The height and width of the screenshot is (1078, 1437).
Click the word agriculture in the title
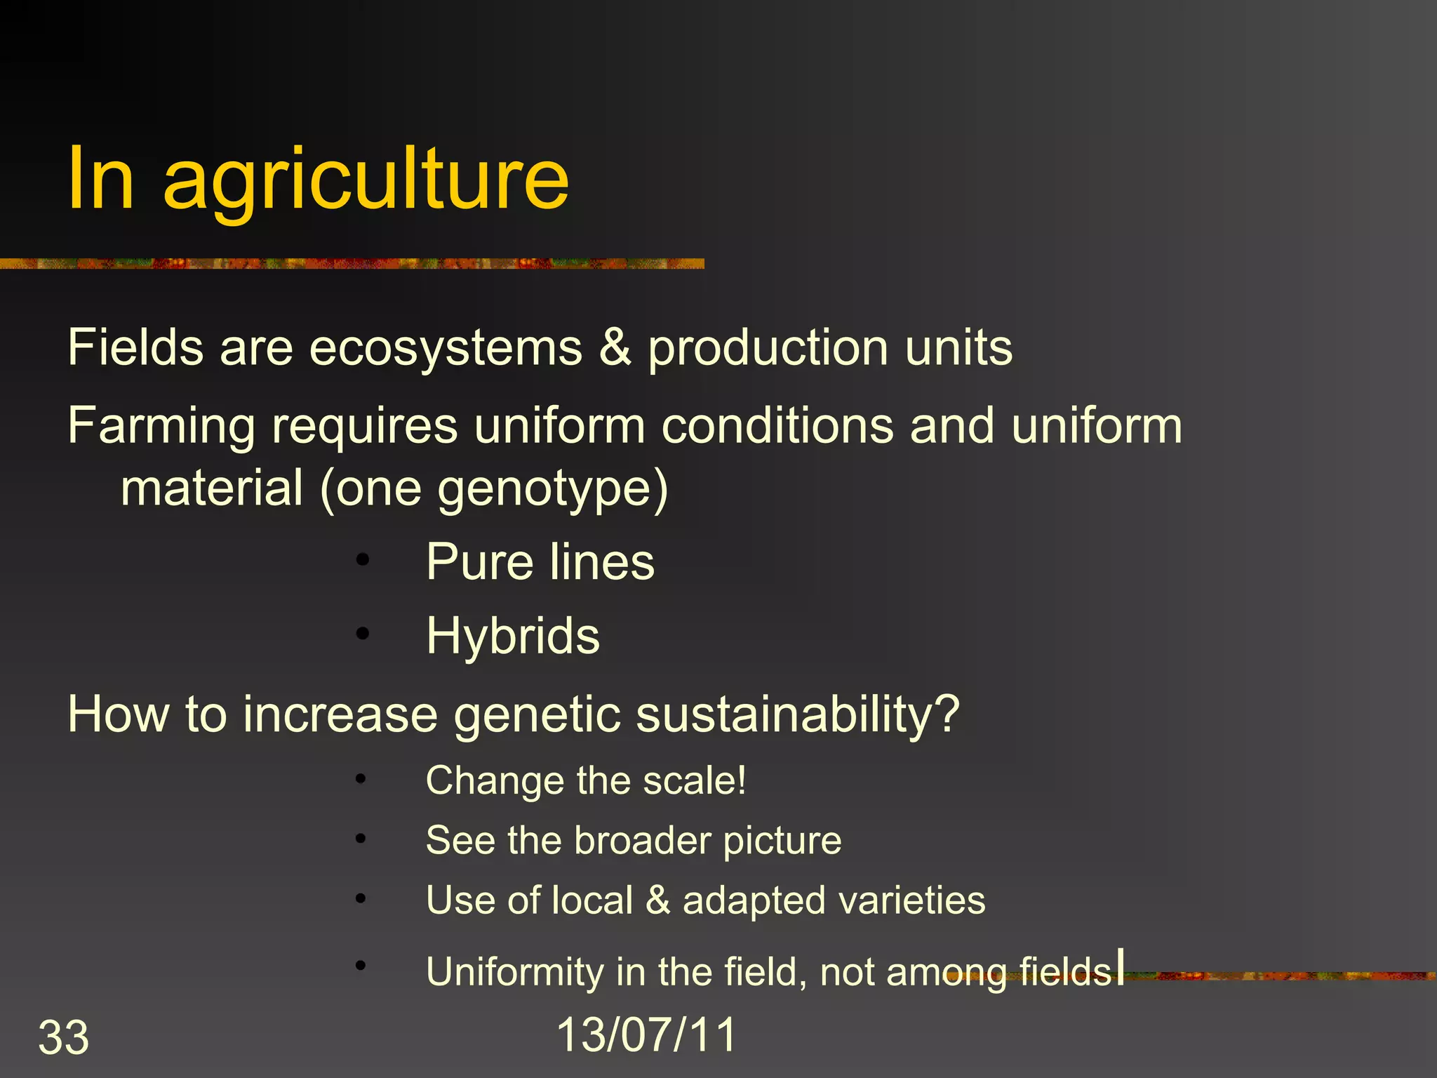pos(366,181)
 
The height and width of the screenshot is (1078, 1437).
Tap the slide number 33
pos(63,1037)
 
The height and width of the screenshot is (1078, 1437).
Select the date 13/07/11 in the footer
pos(646,1034)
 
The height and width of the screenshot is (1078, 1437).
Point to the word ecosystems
pos(446,348)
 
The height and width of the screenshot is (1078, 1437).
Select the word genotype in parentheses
pos(545,490)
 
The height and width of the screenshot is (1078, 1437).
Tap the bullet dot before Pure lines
pos(362,560)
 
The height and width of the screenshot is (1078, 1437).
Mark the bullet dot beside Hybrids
pos(362,634)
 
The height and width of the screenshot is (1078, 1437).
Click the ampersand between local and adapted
pos(657,900)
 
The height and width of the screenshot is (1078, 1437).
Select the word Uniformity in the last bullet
pos(514,972)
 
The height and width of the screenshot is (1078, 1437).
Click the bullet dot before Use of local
pos(361,899)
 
